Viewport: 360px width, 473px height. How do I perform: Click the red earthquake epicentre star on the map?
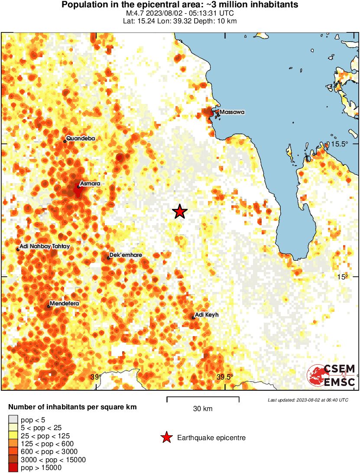(x=180, y=212)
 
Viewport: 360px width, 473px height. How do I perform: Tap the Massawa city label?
(x=232, y=112)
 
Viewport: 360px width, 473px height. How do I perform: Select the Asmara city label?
(x=90, y=184)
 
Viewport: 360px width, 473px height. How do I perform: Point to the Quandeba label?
(x=81, y=139)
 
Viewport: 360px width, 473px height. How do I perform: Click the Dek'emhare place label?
(x=126, y=255)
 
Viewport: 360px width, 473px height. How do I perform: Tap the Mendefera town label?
(x=64, y=304)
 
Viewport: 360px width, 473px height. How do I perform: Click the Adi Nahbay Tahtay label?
(x=45, y=246)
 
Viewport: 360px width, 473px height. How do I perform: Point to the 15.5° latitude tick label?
(x=340, y=144)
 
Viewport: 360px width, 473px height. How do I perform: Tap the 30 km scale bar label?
(x=203, y=408)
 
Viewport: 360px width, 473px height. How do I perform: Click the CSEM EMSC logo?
(x=331, y=375)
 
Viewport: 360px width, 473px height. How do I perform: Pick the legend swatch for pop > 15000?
(x=13, y=467)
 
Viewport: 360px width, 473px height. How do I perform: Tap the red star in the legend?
(x=166, y=438)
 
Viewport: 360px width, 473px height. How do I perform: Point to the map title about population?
(x=180, y=5)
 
